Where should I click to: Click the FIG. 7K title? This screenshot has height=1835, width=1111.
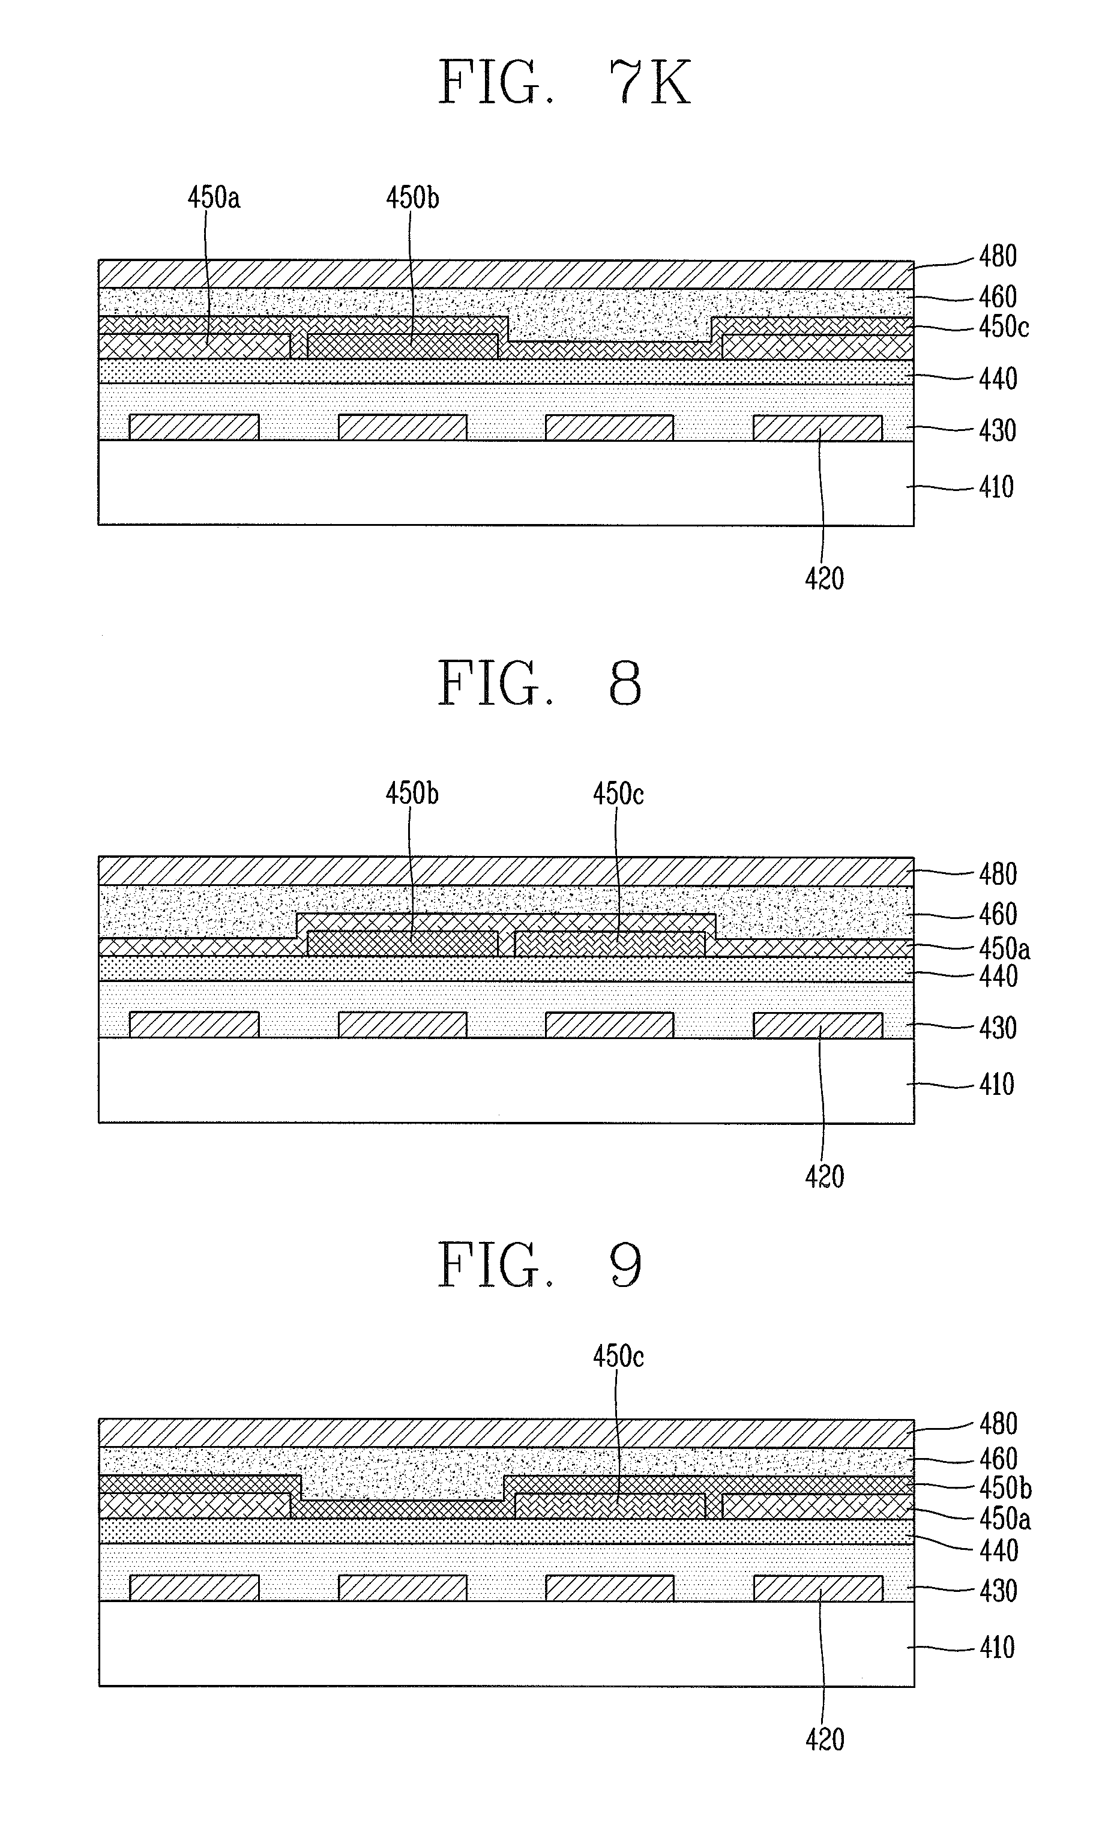click(564, 83)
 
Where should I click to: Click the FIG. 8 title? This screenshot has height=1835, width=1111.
click(539, 684)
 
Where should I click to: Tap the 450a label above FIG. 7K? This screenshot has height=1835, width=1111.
click(214, 198)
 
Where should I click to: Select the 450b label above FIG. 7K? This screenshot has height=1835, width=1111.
click(412, 198)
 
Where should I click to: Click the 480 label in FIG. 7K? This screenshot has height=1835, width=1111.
click(997, 257)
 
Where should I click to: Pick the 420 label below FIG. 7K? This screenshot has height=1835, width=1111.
click(824, 579)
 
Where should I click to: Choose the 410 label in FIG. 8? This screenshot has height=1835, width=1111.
click(996, 1084)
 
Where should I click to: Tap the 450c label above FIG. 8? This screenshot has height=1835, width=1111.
click(618, 794)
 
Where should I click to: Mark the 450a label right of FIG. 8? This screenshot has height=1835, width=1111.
click(1004, 950)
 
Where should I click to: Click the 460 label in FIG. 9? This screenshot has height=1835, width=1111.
click(998, 1459)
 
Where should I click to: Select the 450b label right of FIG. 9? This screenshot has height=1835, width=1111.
click(1005, 1488)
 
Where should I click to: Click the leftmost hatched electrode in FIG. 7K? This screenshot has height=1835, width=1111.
click(194, 427)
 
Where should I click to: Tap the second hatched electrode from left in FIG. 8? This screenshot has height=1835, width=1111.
click(403, 1025)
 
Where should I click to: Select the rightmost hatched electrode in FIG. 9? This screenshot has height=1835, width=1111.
click(817, 1588)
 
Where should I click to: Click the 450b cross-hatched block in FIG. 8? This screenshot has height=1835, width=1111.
click(402, 944)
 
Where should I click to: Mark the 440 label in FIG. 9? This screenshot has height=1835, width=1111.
click(998, 1551)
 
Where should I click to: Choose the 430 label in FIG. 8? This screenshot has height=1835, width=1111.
click(997, 1028)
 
